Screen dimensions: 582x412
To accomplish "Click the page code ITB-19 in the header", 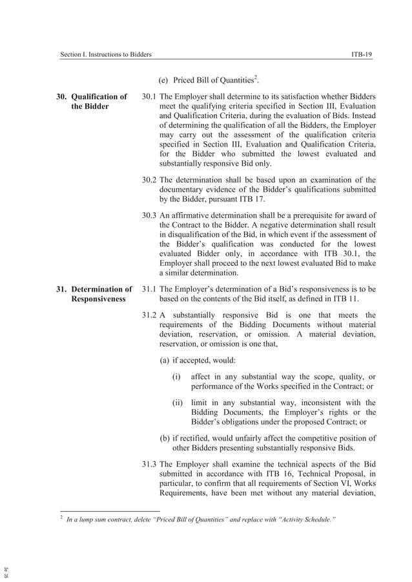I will click(361, 55).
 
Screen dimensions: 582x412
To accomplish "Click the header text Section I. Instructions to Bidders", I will click(105, 55).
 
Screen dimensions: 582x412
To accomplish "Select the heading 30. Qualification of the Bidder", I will click(91, 101).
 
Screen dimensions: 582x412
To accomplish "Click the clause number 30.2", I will click(149, 179).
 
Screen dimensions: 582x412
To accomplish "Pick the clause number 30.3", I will click(149, 215).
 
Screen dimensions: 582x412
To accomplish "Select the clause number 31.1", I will click(149, 290).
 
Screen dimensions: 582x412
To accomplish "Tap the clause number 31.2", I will click(149, 315).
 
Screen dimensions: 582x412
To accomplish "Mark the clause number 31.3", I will click(149, 464).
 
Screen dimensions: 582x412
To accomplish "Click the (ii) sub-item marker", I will click(178, 403).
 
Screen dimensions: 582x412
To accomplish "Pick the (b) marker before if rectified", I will click(165, 438).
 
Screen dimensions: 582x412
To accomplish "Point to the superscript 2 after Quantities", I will click(256, 77).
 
